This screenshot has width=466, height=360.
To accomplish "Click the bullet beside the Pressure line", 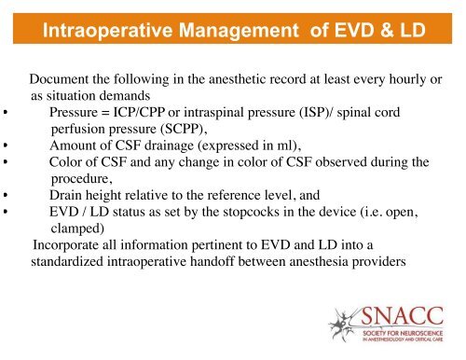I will click(x=7, y=113).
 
